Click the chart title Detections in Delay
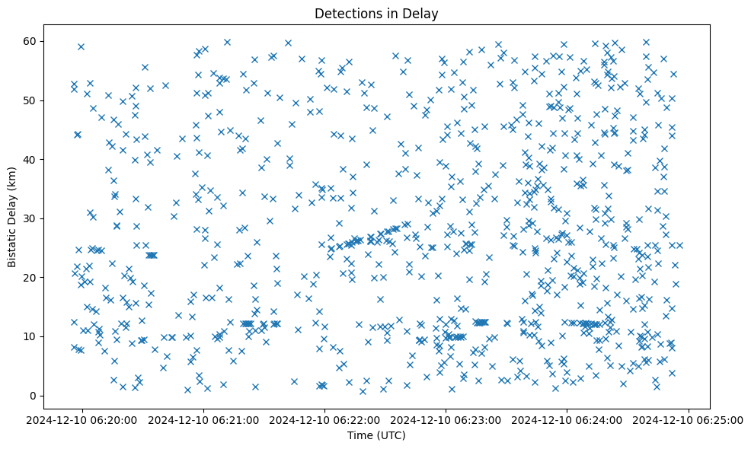(376, 13)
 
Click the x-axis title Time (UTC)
(376, 436)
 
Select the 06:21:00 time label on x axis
(204, 419)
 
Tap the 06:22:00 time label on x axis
(325, 419)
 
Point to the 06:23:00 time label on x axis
(446, 419)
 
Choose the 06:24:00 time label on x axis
(567, 419)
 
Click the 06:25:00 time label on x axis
(689, 419)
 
